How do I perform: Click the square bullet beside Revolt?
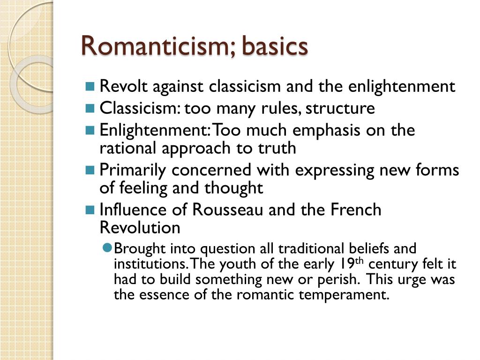tap(90, 87)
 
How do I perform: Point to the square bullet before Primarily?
tap(90, 170)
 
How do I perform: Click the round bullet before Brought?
tap(107, 248)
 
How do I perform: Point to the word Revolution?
tap(140, 228)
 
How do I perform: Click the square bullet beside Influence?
tap(90, 210)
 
